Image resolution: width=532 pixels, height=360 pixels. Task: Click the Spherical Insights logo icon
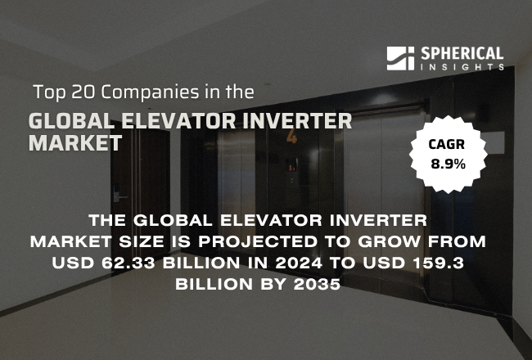401,58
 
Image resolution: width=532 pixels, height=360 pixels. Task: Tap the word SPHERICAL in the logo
462,53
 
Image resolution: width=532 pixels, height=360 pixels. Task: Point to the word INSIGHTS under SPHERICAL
462,67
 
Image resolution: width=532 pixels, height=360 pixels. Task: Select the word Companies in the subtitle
144,91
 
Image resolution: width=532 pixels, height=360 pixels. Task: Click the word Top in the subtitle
48,91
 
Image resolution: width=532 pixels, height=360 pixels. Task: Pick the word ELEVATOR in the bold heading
175,122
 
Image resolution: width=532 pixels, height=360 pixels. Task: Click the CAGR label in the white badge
448,146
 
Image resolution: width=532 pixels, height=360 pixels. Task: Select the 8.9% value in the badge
448,164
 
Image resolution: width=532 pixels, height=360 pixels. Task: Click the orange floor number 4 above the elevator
291,137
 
